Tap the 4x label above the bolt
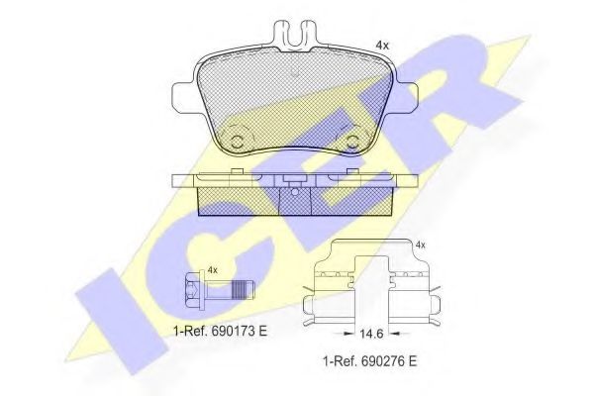tap(211, 269)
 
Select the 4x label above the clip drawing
tap(420, 244)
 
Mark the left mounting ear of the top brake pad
tap(183, 96)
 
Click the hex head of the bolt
tap(193, 291)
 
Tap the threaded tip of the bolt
tap(247, 291)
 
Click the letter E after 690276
tap(413, 361)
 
